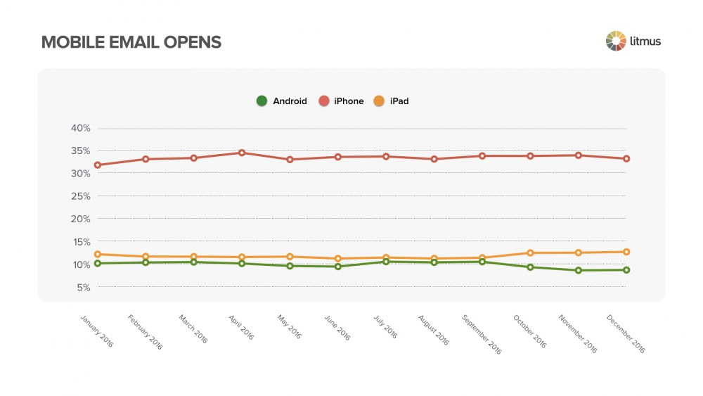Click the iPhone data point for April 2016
coord(242,153)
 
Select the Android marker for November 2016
coord(578,270)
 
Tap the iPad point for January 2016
coord(98,254)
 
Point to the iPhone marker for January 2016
coord(98,165)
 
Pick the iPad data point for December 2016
coord(626,252)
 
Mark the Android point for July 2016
coord(386,262)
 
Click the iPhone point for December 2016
coord(626,159)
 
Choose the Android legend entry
coord(282,101)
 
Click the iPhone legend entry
coord(342,101)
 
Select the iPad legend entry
coord(393,101)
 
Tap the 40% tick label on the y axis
coord(81,128)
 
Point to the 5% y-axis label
coord(84,287)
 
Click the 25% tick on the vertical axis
coord(81,196)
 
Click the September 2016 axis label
coord(481,333)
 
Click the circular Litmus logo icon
coord(615,41)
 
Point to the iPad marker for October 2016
coord(530,253)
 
